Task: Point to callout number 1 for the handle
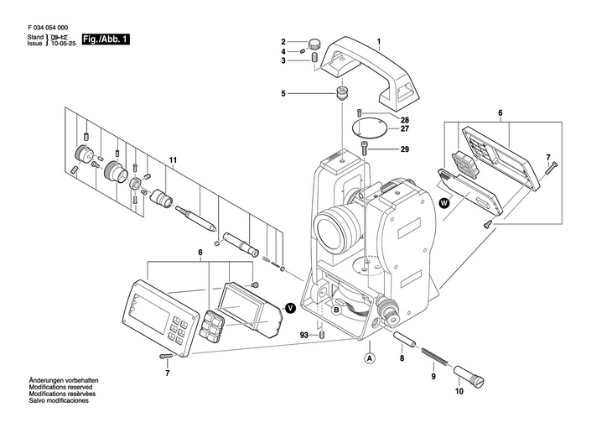pyautogui.click(x=379, y=42)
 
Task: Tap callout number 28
pyautogui.click(x=404, y=119)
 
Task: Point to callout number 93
pyautogui.click(x=303, y=335)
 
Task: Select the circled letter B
pyautogui.click(x=336, y=310)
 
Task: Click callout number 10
pyautogui.click(x=459, y=391)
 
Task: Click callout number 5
pyautogui.click(x=283, y=92)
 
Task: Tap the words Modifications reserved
pyautogui.click(x=61, y=388)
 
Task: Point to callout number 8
pyautogui.click(x=401, y=358)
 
